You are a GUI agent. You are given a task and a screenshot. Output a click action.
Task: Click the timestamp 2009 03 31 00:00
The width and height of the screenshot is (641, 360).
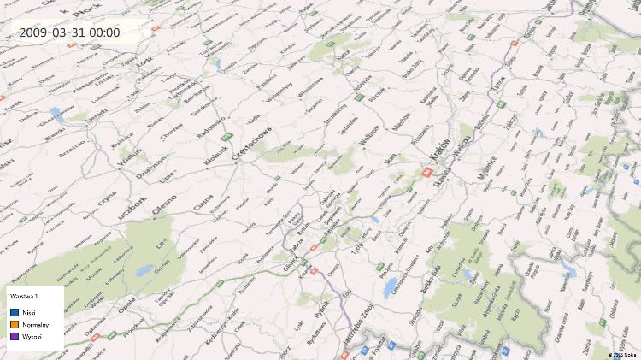pos(69,33)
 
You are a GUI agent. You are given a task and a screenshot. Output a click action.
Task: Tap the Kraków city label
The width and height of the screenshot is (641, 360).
pos(437,151)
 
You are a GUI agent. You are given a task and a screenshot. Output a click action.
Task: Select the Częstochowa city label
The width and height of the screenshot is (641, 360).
pos(252,139)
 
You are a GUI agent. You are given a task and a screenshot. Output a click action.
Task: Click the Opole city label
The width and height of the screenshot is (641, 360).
pos(126,304)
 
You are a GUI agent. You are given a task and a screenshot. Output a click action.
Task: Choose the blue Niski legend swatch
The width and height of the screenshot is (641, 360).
pos(15,313)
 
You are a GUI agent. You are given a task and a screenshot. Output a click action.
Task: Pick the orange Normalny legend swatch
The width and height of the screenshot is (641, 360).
pos(15,325)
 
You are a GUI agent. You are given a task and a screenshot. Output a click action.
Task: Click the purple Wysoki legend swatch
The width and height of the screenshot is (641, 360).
pos(15,337)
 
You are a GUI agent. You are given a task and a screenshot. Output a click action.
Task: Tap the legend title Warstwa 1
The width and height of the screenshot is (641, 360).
pos(25,295)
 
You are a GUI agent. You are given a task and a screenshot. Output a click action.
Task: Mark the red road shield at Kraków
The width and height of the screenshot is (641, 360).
pos(426,171)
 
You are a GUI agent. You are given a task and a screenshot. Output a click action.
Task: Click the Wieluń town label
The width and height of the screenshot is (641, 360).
pos(129,158)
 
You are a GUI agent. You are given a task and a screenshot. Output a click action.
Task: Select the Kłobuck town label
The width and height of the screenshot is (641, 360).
pos(216,154)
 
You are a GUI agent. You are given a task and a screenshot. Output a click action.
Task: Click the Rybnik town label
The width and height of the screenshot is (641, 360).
pos(321,310)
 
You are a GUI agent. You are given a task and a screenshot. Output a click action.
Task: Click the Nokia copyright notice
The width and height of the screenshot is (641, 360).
pos(622,353)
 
